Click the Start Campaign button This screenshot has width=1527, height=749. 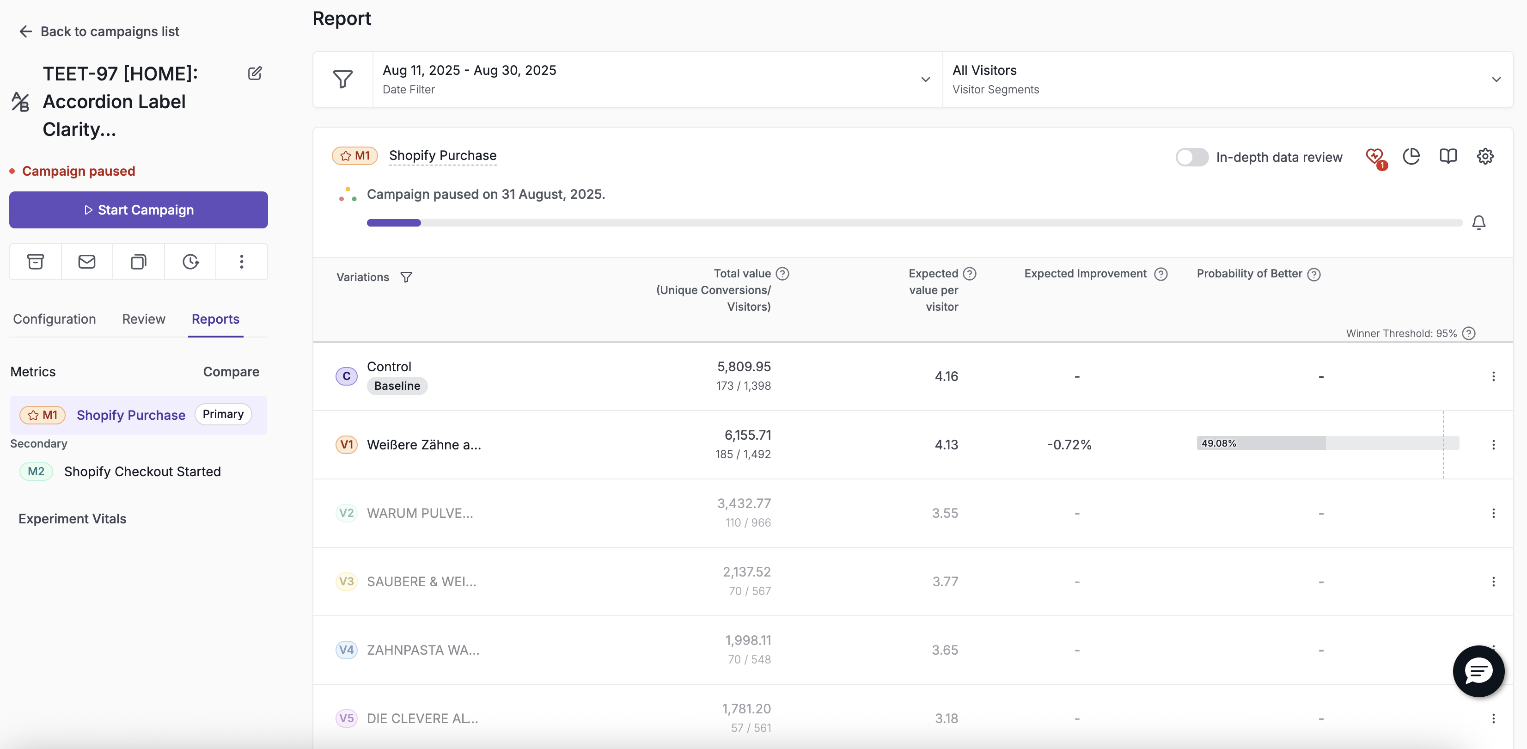click(138, 210)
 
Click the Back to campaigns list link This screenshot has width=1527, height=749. click(99, 31)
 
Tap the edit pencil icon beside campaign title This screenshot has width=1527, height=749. click(255, 74)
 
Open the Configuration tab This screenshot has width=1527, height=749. click(55, 319)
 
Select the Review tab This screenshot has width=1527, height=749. click(143, 319)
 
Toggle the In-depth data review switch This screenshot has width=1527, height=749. click(1191, 157)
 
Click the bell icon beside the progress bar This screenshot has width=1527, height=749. click(1479, 222)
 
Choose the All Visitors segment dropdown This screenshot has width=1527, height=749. click(1227, 80)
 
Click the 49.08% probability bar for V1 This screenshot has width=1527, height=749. click(1328, 443)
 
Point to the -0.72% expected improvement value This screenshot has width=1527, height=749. click(1069, 445)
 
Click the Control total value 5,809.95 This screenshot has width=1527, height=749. click(744, 367)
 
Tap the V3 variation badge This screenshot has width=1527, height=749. click(346, 581)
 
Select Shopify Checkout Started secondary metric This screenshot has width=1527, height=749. click(142, 472)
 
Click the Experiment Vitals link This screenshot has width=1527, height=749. click(72, 519)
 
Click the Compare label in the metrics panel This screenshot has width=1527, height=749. click(231, 372)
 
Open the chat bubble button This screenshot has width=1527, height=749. click(1478, 671)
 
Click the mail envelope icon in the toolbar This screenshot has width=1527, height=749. click(86, 262)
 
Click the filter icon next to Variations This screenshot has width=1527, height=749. click(406, 277)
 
